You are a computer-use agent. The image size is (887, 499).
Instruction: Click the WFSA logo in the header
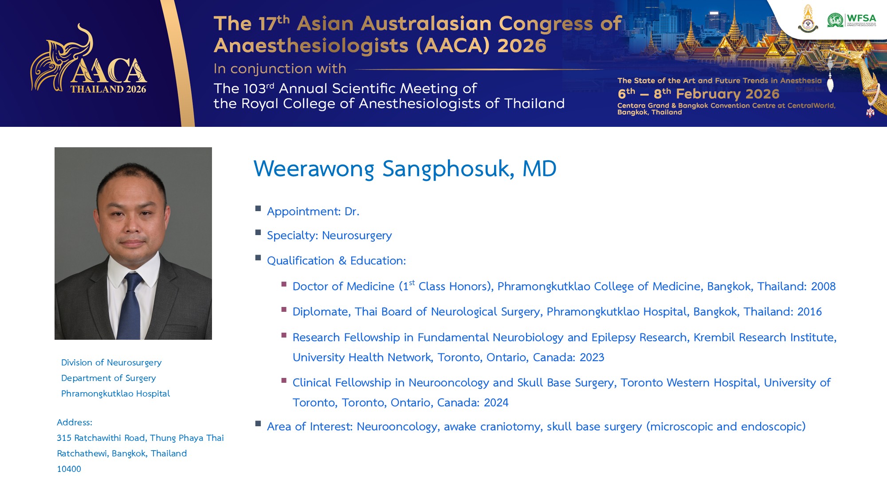point(852,20)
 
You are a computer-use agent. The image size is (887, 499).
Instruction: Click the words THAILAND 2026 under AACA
point(108,89)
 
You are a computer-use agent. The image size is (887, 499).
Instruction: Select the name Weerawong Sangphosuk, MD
point(405,169)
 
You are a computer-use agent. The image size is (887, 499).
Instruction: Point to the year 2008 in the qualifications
point(823,287)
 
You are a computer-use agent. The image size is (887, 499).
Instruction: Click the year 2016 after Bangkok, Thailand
point(809,312)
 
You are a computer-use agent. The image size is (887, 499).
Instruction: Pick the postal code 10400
point(69,469)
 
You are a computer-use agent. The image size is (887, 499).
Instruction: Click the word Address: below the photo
point(75,423)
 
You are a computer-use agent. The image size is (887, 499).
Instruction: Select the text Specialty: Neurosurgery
point(330,236)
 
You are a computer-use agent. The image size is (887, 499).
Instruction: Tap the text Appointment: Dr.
point(313,212)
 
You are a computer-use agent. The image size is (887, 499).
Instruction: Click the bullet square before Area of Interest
point(258,424)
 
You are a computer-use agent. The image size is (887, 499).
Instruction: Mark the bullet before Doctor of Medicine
point(284,284)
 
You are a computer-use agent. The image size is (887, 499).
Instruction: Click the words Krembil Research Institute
point(765,338)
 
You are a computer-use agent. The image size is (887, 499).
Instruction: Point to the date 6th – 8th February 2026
point(699,94)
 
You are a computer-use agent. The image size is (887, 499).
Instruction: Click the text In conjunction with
point(280,69)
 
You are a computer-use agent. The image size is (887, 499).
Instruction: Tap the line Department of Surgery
point(109,378)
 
